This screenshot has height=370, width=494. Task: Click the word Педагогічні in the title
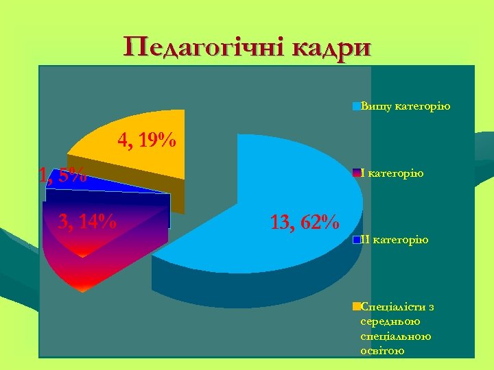coord(204,48)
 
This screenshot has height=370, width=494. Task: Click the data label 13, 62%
coord(304,222)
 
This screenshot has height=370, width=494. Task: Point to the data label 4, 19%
coord(147,141)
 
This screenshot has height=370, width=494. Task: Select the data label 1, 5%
coord(62,175)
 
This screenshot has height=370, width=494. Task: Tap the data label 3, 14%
coord(87,222)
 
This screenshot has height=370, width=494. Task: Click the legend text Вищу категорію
coord(405,106)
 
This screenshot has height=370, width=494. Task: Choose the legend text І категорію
coord(392,173)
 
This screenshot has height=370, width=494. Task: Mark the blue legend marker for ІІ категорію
coord(356,239)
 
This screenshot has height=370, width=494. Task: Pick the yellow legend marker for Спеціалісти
coord(356,306)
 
